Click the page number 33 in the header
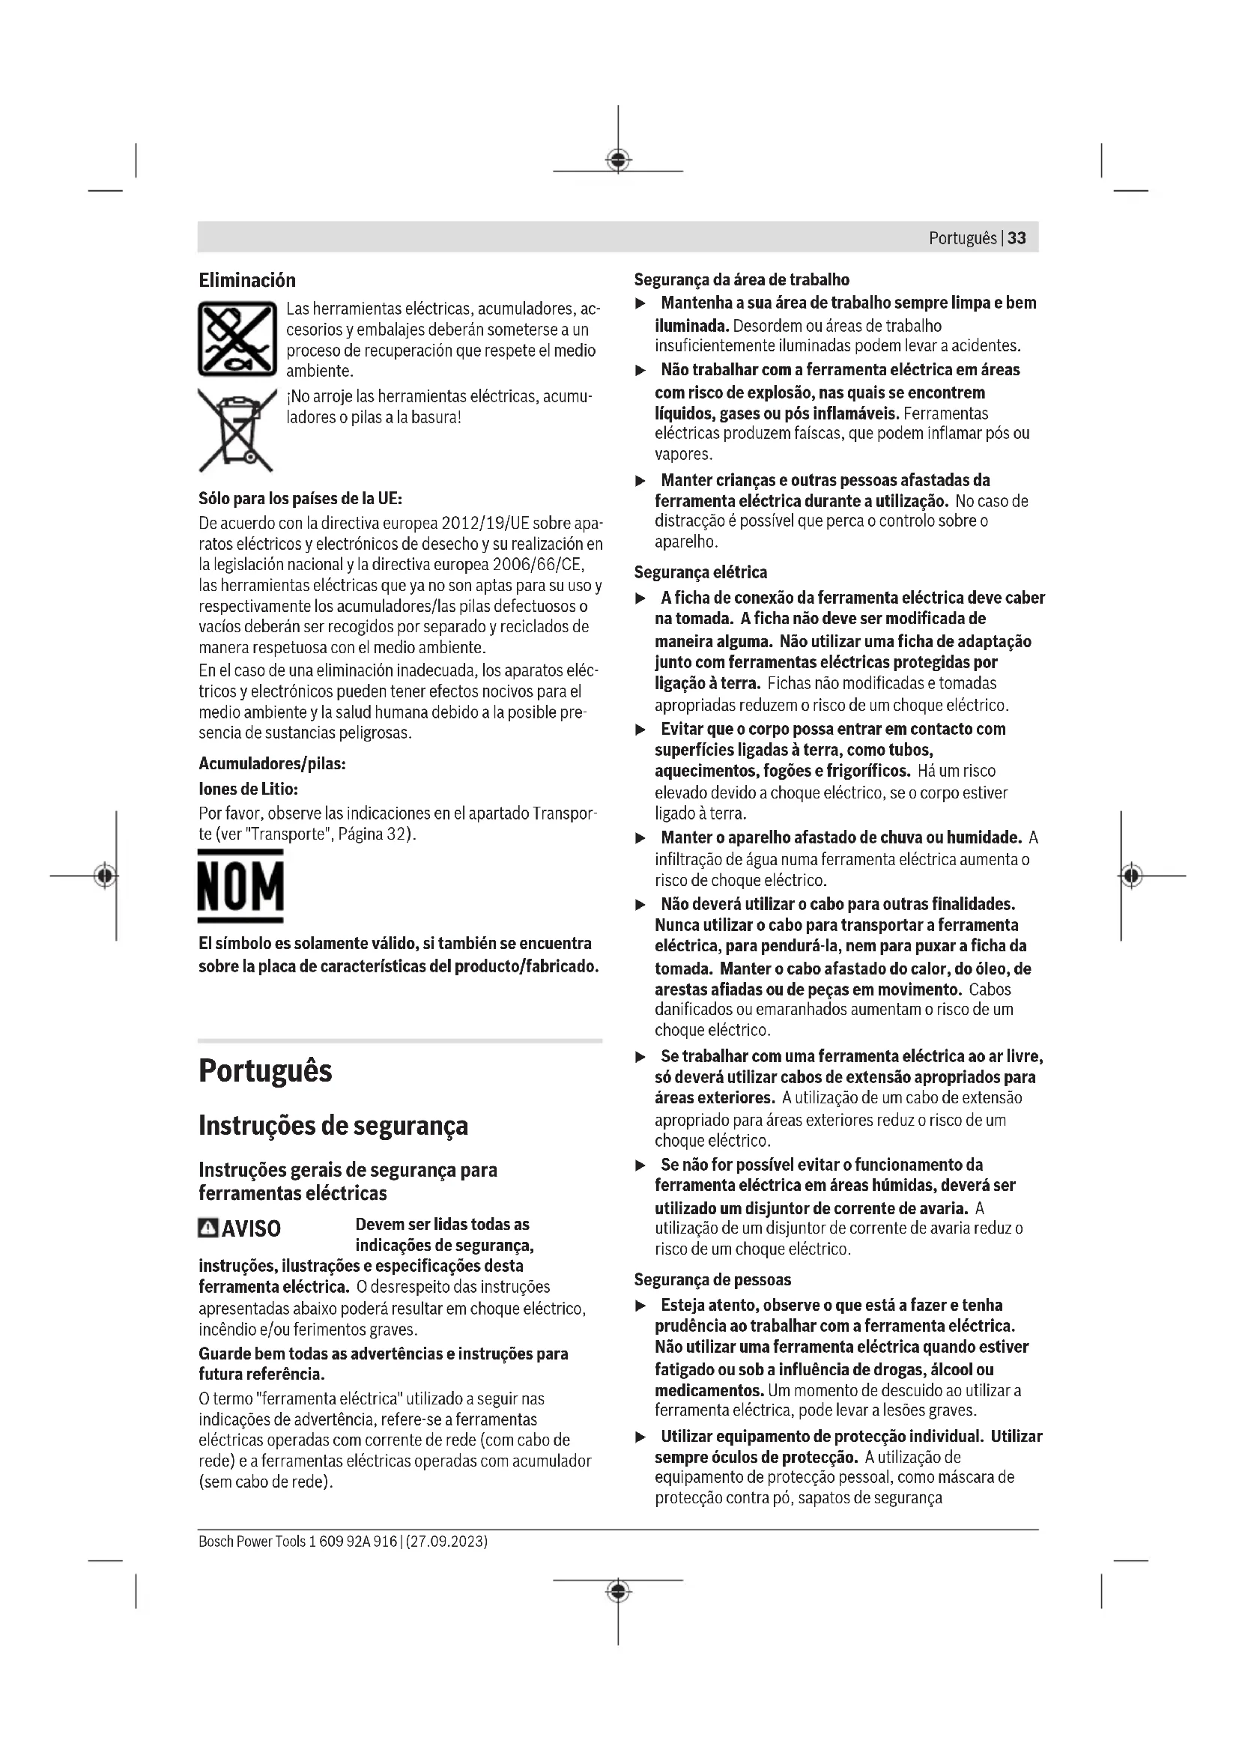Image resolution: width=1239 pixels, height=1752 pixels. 1017,238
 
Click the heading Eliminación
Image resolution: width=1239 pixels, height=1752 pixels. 247,280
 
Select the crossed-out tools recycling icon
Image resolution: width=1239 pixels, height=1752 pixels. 237,339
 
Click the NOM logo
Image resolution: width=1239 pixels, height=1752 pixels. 240,886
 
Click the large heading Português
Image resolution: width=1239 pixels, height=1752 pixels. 265,1071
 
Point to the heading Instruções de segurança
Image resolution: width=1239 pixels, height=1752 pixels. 333,1126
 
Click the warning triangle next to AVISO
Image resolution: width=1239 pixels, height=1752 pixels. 207,1228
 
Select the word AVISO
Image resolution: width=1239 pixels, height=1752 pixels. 251,1229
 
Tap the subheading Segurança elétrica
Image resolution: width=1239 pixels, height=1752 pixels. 700,572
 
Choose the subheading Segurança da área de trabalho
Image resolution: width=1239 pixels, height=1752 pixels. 742,280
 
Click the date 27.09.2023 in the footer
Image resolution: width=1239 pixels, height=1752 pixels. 446,1542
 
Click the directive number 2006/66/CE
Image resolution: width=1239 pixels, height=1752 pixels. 537,566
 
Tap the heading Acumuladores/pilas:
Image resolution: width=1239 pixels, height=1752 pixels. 273,764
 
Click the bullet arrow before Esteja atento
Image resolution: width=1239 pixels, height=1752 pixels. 641,1306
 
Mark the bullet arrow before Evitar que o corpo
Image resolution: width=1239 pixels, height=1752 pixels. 641,730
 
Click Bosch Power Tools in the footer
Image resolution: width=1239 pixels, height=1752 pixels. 252,1542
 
